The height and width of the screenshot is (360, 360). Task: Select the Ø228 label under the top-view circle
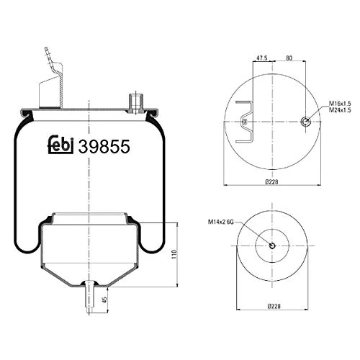[x=273, y=182]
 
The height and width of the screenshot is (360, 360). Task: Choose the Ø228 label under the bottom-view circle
[x=273, y=306]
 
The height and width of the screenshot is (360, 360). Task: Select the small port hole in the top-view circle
[x=306, y=122]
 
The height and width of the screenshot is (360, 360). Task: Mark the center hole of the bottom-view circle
[x=273, y=246]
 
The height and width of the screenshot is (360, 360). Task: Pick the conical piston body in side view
[x=88, y=252]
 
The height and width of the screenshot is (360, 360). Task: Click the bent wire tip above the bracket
[x=47, y=52]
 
